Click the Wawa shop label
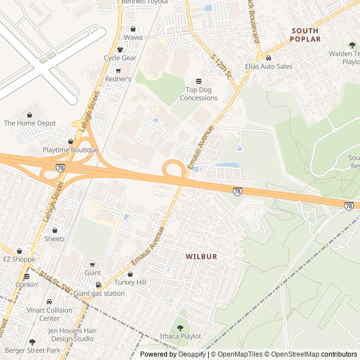[x=133, y=37]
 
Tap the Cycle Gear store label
[x=120, y=58]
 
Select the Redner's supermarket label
[x=118, y=79]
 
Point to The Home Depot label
[x=30, y=123]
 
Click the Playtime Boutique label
[x=70, y=150]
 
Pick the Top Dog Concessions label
[x=199, y=94]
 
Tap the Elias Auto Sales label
[x=269, y=66]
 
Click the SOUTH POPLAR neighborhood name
[x=305, y=35]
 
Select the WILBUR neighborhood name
[x=201, y=256]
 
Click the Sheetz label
[x=55, y=238]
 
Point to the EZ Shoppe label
[x=19, y=259]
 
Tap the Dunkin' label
[x=26, y=285]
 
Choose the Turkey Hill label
[x=130, y=282]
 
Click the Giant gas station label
[x=99, y=293]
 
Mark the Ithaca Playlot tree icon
[x=180, y=327]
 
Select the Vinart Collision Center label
[x=49, y=314]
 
